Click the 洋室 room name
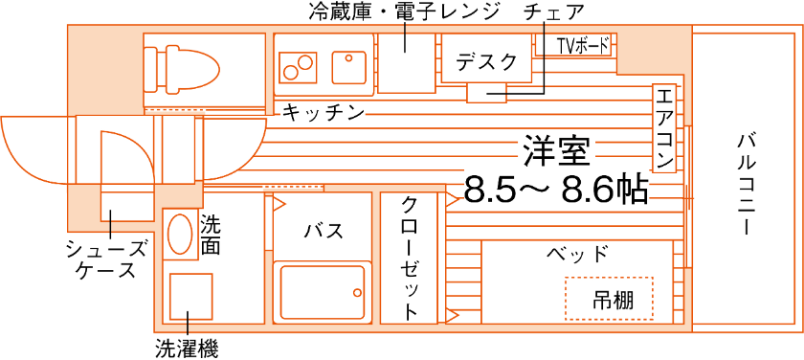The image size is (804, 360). (556, 150)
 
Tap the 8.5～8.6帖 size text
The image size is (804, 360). (555, 189)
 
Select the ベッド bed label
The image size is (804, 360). (577, 255)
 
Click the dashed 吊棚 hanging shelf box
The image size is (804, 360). (609, 299)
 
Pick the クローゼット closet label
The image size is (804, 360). (410, 258)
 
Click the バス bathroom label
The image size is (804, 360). (323, 232)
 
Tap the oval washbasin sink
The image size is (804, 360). (180, 234)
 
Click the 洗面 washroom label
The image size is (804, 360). (212, 236)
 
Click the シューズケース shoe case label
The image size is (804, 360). (104, 259)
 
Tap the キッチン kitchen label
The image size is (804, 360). (323, 113)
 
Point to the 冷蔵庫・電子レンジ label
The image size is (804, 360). (404, 11)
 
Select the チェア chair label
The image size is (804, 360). (554, 11)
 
